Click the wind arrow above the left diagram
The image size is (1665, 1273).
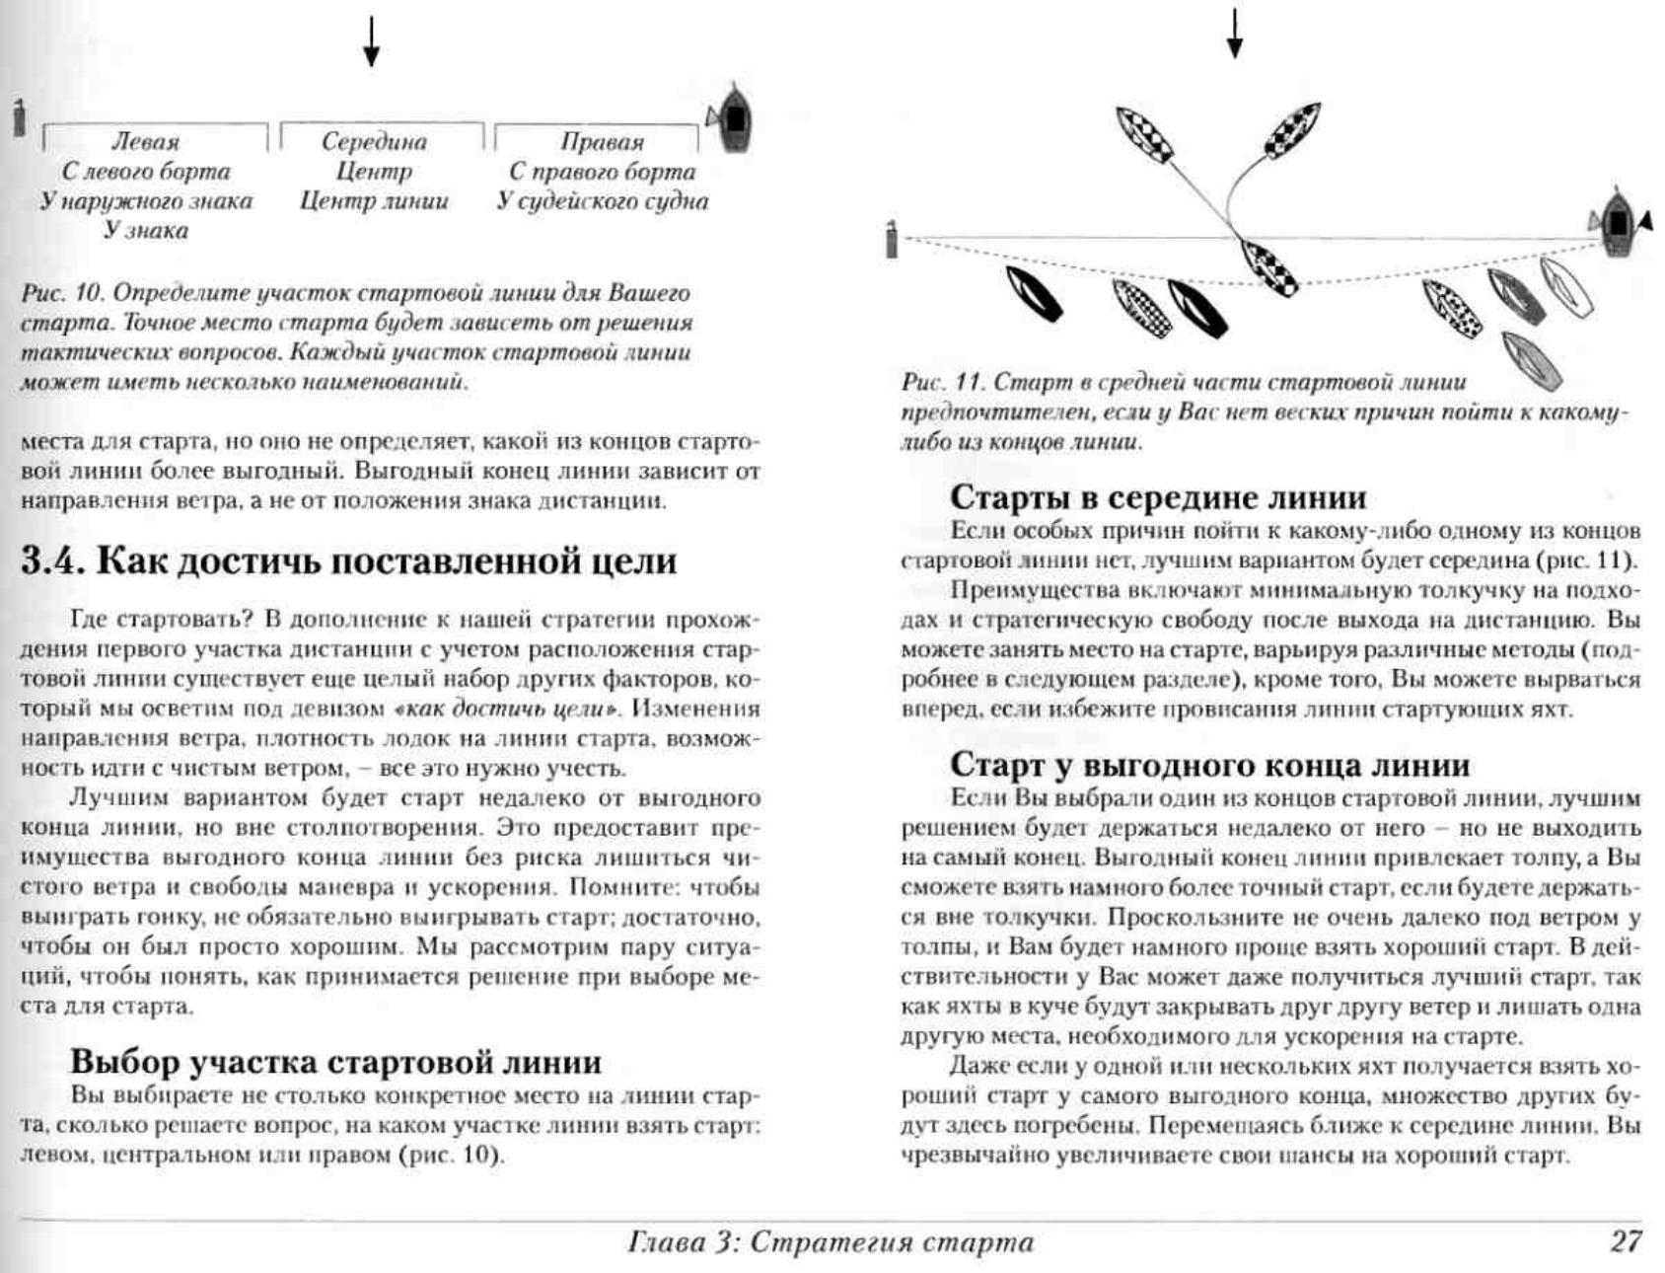pyautogui.click(x=371, y=41)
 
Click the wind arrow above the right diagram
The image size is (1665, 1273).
pyautogui.click(x=1234, y=33)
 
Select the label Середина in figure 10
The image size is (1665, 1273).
pyautogui.click(x=374, y=142)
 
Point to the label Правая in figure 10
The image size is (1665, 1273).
pyautogui.click(x=602, y=142)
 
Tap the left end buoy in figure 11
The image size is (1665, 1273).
pyautogui.click(x=892, y=240)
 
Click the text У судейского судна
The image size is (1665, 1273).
pyautogui.click(x=602, y=201)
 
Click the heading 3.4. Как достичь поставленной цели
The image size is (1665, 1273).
pyautogui.click(x=349, y=562)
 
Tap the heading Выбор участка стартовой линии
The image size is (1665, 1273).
pyautogui.click(x=335, y=1062)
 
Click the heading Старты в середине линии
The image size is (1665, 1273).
pyautogui.click(x=1158, y=496)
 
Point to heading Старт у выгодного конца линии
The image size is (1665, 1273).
pyautogui.click(x=1209, y=765)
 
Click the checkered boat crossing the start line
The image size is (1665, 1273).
pyautogui.click(x=1268, y=266)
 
